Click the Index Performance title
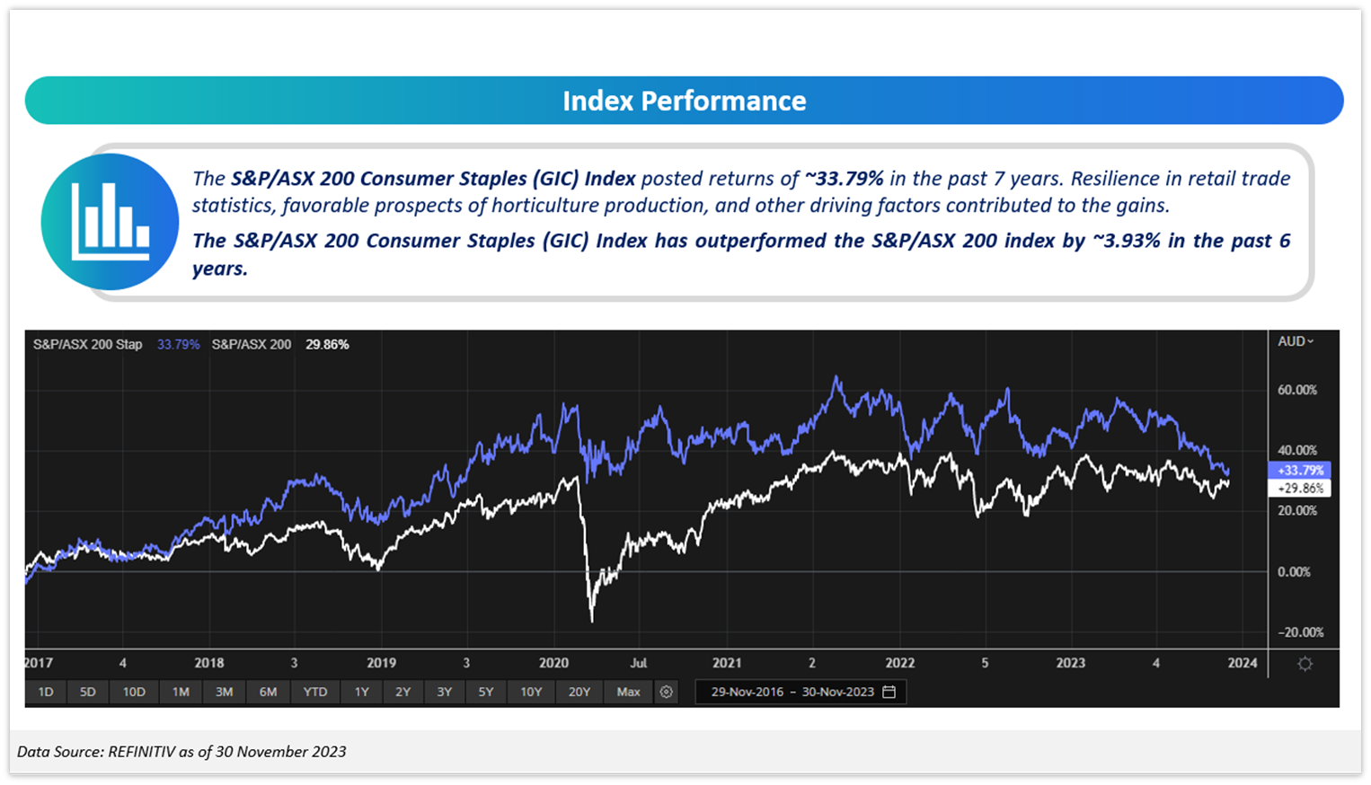(684, 101)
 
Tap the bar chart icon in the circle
(110, 221)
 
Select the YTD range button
(314, 692)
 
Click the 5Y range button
(486, 692)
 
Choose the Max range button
(628, 692)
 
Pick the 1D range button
(46, 692)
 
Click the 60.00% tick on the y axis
(1296, 390)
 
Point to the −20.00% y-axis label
(1300, 632)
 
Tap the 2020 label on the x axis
(553, 663)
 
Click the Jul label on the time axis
(638, 663)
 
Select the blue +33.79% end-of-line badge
(1299, 471)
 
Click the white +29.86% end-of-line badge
(1299, 489)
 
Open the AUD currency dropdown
(1296, 341)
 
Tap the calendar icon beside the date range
(889, 692)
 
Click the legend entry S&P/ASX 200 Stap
(87, 344)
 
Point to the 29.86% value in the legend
(327, 344)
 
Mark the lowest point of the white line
(592, 621)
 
